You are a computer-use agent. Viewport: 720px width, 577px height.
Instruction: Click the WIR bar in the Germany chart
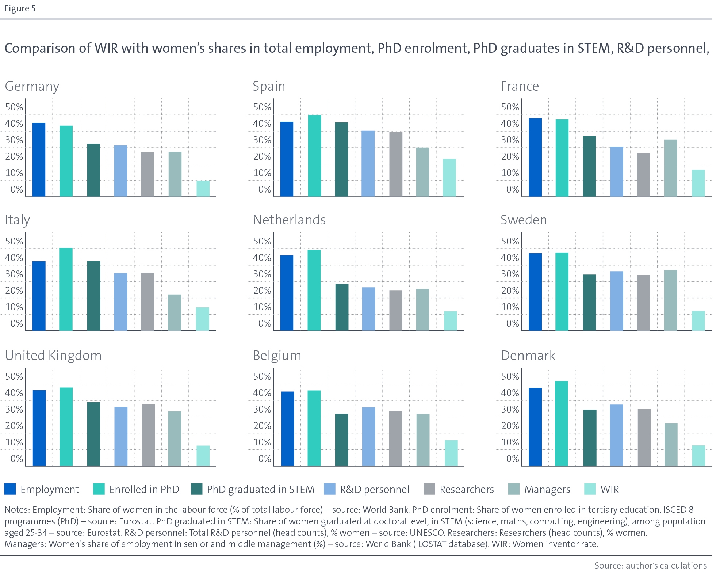click(x=203, y=189)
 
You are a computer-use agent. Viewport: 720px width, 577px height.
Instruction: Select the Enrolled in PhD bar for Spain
click(x=314, y=156)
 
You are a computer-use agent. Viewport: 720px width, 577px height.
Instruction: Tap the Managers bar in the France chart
click(x=670, y=168)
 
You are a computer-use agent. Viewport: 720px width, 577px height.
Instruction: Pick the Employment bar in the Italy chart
click(x=39, y=296)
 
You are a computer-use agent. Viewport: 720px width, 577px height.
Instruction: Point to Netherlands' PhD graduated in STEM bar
click(x=342, y=307)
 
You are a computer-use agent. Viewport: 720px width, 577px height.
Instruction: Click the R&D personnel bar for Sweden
click(x=617, y=301)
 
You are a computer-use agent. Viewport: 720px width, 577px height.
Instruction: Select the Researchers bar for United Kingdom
click(x=148, y=435)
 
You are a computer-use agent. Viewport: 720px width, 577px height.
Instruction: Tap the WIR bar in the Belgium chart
click(x=451, y=453)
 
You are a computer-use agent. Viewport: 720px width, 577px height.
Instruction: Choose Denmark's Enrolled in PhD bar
click(x=562, y=424)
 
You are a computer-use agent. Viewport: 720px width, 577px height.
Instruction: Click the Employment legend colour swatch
click(x=10, y=489)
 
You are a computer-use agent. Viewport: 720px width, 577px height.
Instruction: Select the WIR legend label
click(x=610, y=489)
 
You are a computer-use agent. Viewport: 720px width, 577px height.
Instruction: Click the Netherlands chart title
click(x=289, y=220)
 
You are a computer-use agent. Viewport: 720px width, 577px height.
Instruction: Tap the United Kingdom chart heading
click(x=53, y=356)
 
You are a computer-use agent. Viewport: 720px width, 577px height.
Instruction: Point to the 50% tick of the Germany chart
click(x=14, y=107)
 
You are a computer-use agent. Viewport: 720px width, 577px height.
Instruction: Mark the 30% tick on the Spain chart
click(x=262, y=140)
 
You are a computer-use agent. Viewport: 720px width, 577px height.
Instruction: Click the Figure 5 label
click(x=20, y=8)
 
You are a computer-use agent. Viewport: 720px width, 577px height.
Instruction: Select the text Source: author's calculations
click(x=650, y=565)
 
